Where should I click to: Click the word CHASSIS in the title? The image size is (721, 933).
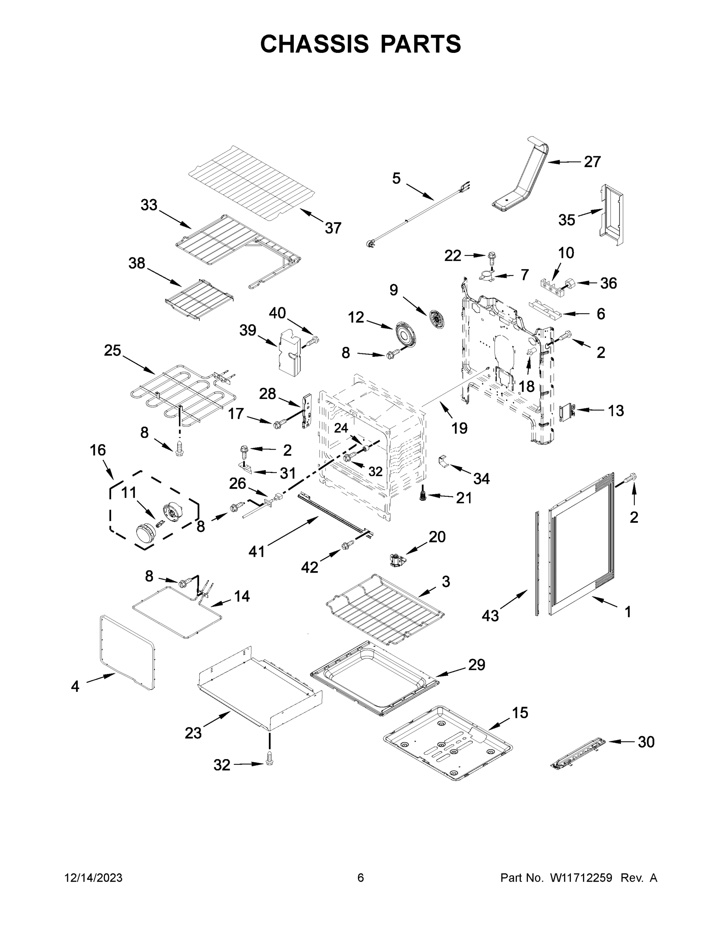coord(314,44)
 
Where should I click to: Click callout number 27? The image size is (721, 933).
coord(592,162)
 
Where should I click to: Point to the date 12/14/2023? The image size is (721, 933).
coord(93,878)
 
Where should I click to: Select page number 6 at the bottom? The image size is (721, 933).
coord(361,878)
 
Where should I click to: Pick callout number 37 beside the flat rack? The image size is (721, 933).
coord(333,228)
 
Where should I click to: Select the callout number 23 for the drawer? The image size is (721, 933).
coord(193,733)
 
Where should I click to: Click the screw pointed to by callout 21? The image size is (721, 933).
coord(423,496)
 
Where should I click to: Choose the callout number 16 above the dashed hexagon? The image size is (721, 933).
coord(98,450)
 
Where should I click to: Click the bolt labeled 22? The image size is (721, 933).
coord(491,257)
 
